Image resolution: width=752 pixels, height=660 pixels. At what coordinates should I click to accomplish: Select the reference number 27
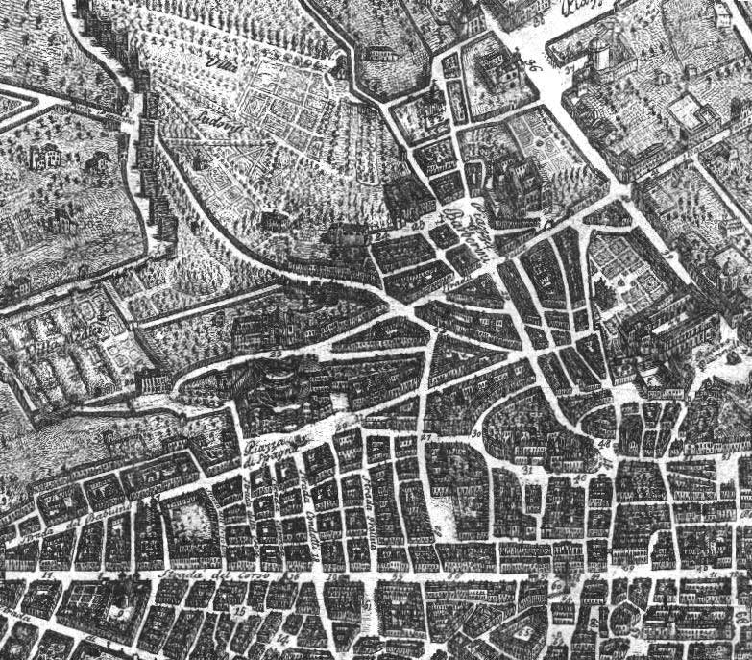point(427,439)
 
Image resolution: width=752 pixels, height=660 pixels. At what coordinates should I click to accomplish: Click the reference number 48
point(605,444)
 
